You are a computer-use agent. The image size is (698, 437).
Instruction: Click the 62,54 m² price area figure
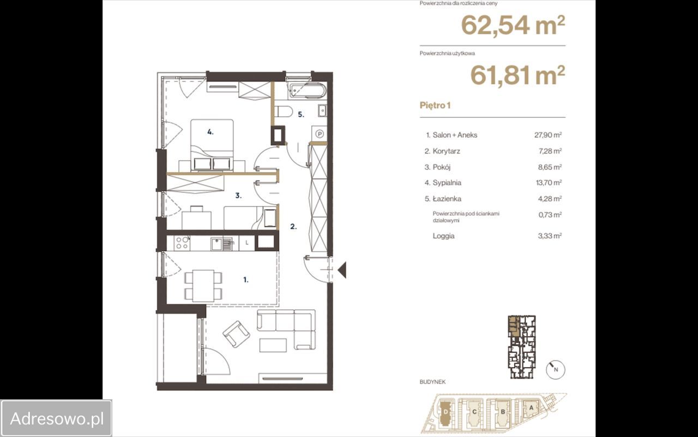[513, 25]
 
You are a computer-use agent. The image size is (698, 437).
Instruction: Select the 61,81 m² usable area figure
[518, 75]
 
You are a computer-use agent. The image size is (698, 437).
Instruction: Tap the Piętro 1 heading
[435, 105]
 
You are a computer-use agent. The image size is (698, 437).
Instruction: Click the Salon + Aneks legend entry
[452, 135]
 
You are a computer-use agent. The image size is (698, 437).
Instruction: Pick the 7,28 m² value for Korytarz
[550, 151]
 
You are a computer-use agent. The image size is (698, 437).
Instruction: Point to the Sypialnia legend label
[447, 183]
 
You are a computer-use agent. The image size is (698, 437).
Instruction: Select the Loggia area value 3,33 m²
[550, 235]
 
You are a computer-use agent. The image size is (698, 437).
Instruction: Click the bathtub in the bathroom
[308, 91]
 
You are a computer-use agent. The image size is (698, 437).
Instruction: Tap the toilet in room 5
[284, 111]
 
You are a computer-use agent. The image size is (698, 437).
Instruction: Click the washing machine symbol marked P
[320, 134]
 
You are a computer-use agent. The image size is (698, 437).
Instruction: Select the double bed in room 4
[212, 145]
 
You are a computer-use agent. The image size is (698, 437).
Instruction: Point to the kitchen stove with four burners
[182, 243]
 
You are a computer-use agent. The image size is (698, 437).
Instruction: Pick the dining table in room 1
[203, 286]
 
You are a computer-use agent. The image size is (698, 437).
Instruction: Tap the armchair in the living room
[237, 334]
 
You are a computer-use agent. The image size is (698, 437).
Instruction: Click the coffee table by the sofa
[273, 345]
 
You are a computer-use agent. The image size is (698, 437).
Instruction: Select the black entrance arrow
[342, 270]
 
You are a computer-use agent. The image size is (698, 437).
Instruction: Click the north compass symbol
[556, 370]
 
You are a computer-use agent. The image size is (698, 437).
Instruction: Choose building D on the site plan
[446, 412]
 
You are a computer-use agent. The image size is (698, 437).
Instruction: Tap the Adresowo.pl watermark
[57, 418]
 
